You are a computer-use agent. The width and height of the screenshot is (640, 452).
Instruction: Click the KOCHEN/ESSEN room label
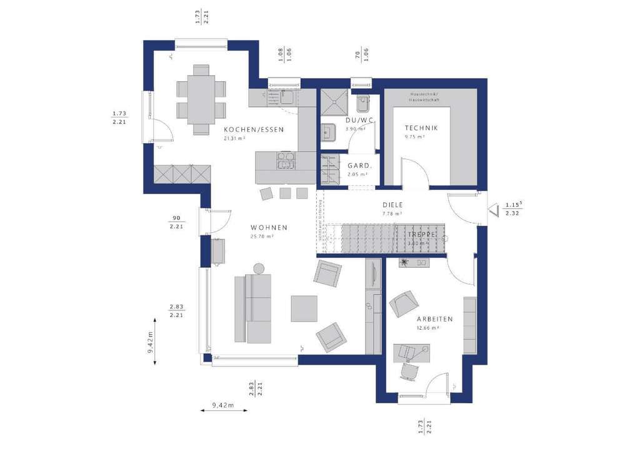(x=254, y=130)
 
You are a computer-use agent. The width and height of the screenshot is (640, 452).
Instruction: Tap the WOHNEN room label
(x=269, y=228)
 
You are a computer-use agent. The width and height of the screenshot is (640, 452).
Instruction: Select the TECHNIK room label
(x=421, y=128)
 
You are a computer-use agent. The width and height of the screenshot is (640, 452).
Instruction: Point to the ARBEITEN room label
(x=435, y=318)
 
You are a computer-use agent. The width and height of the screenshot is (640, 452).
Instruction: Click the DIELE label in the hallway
(x=392, y=205)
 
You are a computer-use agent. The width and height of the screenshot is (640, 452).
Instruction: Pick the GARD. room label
(x=359, y=166)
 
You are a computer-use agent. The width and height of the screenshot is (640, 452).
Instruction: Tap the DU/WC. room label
(x=359, y=120)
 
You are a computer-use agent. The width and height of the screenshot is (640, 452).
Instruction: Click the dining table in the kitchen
(x=201, y=99)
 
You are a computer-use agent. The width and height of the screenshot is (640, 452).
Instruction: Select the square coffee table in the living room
(x=304, y=308)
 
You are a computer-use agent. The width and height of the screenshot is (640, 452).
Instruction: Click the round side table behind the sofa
(x=257, y=268)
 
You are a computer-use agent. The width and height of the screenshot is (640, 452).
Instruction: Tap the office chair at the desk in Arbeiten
(x=409, y=371)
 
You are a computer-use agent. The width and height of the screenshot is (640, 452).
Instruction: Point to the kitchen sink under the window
(x=286, y=97)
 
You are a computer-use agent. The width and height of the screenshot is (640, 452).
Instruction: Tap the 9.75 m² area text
(x=414, y=137)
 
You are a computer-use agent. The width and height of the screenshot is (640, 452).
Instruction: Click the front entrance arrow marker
(x=492, y=207)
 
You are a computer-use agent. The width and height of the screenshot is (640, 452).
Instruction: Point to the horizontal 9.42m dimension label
(x=222, y=405)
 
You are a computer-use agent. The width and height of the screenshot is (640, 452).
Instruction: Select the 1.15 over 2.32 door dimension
(x=513, y=209)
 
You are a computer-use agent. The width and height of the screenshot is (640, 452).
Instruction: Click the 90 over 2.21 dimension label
(x=176, y=222)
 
